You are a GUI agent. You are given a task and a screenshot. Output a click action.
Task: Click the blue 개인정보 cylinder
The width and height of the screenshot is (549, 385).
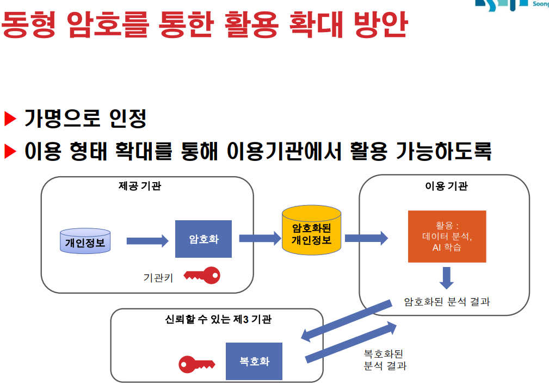85,241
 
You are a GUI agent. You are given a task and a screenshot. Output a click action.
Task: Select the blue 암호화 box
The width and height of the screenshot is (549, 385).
203,239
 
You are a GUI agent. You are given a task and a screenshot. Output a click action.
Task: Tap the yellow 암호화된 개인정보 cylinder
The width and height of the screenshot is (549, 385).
312,231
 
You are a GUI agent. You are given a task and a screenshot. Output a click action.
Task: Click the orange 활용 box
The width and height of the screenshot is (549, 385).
447,236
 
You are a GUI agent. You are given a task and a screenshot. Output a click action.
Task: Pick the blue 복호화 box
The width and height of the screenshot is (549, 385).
254,361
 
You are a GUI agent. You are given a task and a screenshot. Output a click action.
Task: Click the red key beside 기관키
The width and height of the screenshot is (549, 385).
202,276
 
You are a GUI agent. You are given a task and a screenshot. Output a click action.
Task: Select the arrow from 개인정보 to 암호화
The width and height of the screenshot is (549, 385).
147,241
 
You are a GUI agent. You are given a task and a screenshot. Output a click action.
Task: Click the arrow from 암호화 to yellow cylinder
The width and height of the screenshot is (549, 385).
260,238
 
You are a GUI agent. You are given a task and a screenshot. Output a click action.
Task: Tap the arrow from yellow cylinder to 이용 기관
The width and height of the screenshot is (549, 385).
367,238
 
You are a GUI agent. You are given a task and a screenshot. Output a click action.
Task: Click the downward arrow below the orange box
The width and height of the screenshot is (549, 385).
446,278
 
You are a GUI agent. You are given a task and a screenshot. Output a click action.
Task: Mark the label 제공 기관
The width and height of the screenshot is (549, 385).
140,186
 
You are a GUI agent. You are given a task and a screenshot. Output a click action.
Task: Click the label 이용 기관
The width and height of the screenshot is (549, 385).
446,186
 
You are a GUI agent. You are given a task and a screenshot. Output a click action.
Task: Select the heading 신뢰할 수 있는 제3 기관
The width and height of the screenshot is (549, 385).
218,319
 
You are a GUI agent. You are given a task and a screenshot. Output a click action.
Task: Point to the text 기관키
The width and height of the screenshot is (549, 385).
158,278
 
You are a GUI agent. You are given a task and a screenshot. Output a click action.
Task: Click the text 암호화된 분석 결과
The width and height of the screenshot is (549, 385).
447,302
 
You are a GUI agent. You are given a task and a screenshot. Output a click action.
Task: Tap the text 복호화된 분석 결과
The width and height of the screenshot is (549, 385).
385,360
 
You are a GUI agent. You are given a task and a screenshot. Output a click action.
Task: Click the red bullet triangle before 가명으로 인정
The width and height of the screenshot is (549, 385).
10,119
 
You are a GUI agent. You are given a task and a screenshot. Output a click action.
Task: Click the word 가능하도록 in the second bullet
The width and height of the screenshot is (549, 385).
443,151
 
